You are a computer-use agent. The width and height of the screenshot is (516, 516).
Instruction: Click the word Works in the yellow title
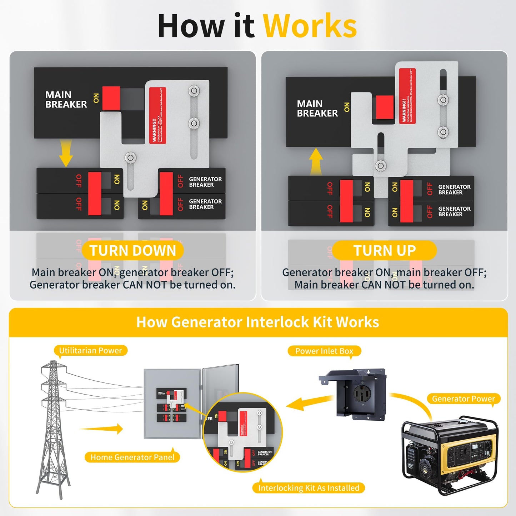[310, 26]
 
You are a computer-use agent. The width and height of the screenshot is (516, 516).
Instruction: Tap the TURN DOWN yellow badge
[133, 251]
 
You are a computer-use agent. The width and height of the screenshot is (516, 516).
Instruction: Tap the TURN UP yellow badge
[385, 251]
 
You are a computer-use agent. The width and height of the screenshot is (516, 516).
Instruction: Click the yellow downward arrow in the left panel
[66, 154]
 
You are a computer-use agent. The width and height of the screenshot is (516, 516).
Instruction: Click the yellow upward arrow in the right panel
[316, 161]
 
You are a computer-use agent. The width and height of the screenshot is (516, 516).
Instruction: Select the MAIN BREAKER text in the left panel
[66, 100]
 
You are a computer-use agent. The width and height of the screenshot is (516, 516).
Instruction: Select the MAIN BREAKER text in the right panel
[317, 109]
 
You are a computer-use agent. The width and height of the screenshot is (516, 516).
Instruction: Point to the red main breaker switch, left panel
[111, 98]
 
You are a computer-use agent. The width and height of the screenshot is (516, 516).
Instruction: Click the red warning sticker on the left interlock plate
[157, 115]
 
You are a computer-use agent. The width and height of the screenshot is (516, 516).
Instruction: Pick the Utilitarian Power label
[90, 351]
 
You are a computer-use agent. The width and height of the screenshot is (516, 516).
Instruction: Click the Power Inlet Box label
[324, 351]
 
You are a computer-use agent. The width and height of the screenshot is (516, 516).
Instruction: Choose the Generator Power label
[463, 399]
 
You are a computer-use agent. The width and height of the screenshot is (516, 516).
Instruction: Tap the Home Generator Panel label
[132, 457]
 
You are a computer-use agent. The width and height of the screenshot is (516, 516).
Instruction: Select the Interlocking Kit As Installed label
[309, 488]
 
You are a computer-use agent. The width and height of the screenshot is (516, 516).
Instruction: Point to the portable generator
[450, 454]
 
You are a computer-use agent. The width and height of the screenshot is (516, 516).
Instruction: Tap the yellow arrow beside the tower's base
[102, 429]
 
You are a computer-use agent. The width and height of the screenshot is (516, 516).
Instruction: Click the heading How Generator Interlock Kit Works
[257, 322]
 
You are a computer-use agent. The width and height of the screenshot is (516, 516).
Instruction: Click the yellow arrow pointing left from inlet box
[307, 404]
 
